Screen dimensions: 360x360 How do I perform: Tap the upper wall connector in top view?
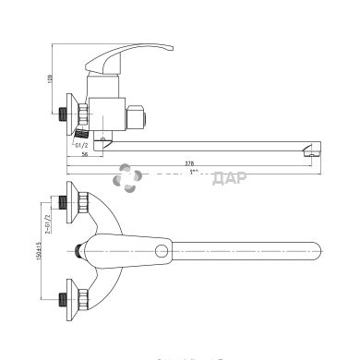point(67,201)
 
